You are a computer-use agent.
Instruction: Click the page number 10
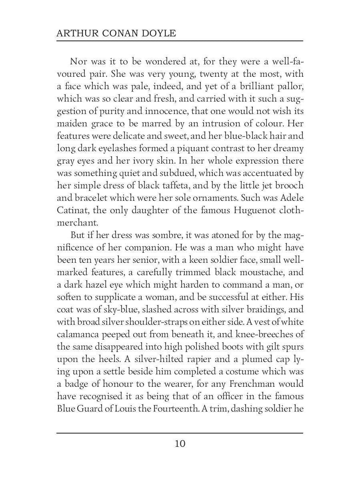pyautogui.click(x=180, y=444)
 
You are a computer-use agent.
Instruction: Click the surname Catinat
pyautogui.click(x=71, y=210)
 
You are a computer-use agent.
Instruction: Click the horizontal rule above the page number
pyautogui.click(x=180, y=433)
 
